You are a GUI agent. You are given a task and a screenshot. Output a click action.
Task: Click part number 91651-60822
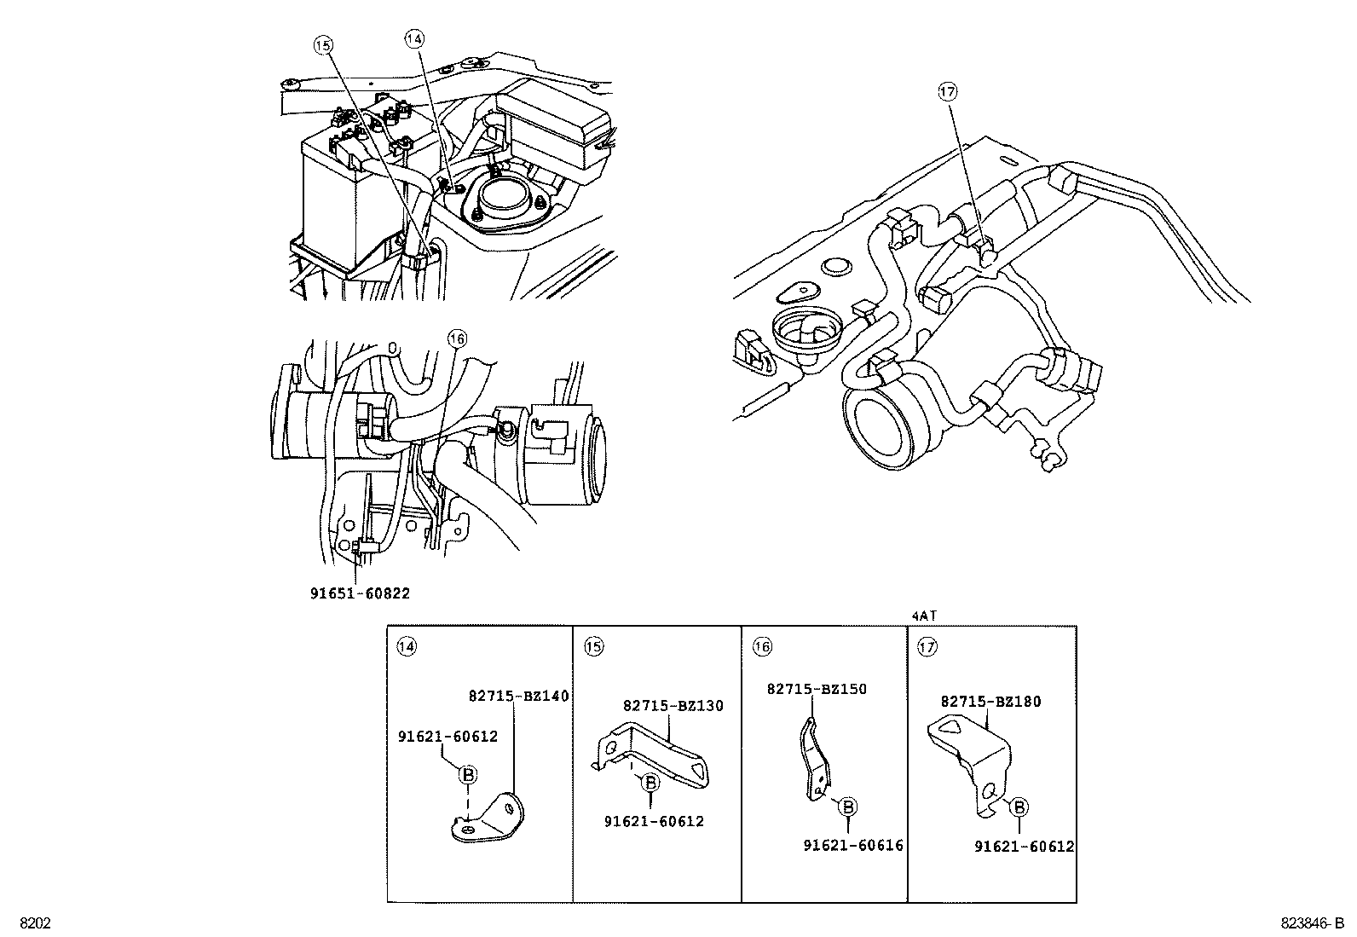359,593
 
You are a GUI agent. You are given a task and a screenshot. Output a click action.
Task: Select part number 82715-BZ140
518,696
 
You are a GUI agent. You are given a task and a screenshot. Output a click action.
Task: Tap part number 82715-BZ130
673,705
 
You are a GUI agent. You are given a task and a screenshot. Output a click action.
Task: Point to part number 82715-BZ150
816,689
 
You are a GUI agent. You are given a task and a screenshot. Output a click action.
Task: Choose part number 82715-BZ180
990,702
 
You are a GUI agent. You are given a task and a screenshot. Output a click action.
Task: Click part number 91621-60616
852,845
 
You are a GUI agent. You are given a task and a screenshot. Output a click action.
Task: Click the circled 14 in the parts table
407,646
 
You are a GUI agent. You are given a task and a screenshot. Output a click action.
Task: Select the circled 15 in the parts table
593,646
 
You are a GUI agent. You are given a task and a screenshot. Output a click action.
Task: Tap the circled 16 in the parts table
761,647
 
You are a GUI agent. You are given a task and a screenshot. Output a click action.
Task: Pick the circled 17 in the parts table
927,646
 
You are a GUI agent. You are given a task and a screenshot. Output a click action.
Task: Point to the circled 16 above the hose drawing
457,338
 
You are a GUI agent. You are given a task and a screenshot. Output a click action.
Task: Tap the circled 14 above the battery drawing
413,38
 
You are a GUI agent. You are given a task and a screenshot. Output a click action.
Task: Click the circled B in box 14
467,774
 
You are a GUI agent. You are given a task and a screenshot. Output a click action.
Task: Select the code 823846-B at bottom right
1311,923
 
